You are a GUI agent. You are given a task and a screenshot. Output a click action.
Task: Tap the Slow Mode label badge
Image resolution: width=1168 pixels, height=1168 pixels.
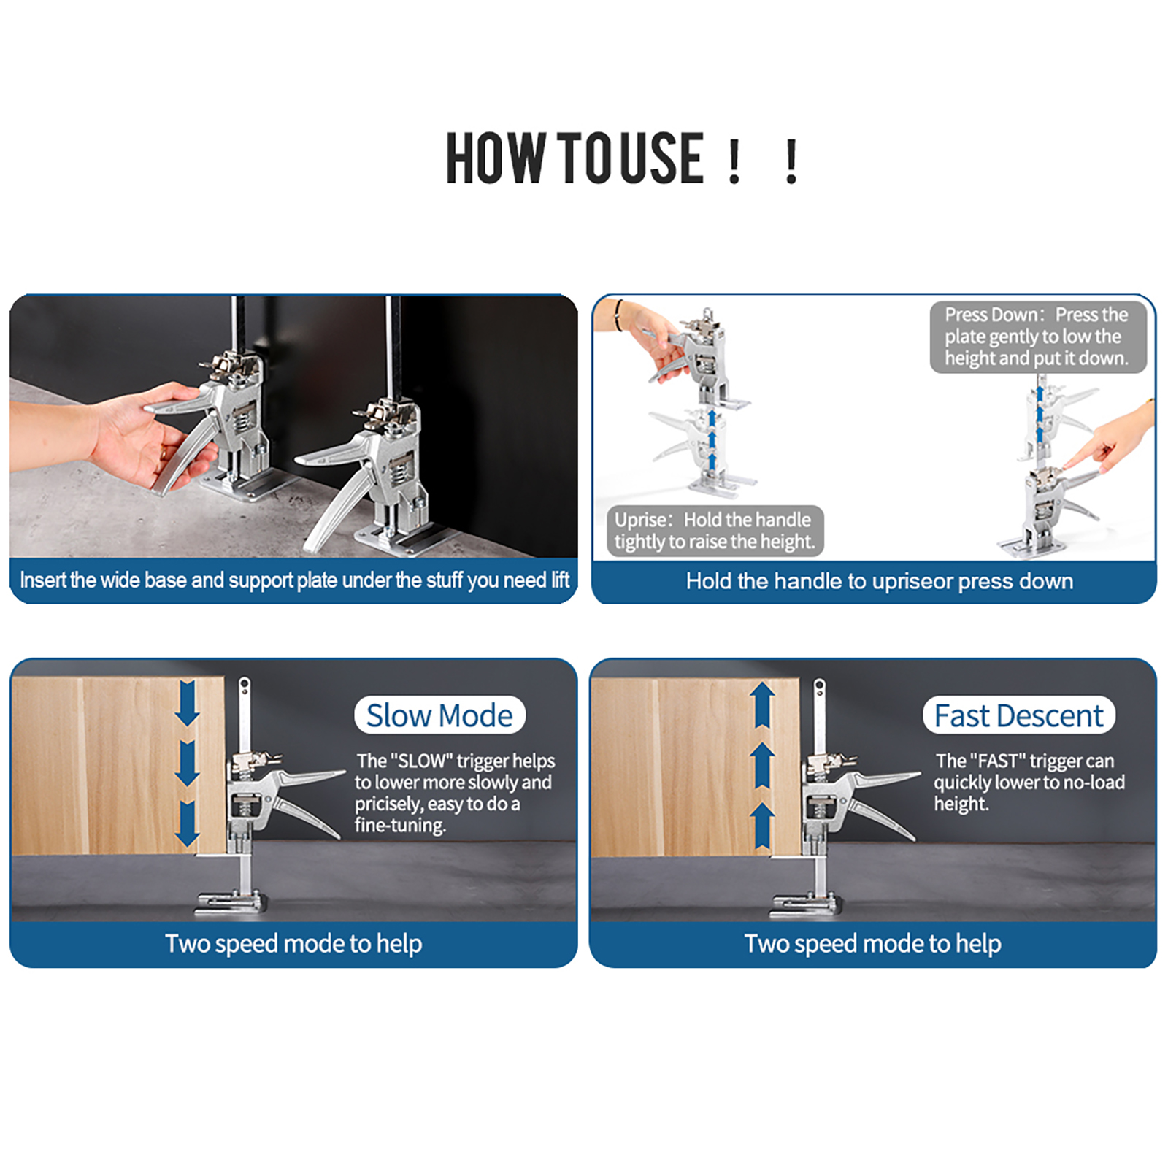coord(439,715)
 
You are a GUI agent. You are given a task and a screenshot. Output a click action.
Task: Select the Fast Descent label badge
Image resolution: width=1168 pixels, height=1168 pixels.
coord(1019,715)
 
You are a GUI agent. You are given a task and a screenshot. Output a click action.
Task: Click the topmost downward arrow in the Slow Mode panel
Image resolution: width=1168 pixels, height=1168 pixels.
coord(188,703)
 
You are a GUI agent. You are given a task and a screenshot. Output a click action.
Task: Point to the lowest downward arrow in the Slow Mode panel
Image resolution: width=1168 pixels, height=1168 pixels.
coord(188,824)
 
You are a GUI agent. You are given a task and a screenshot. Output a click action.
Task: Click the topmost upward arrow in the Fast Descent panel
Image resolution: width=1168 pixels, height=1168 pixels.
coord(763,704)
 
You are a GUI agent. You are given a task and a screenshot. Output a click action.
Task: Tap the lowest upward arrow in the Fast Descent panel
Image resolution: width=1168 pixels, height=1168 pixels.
coord(763,826)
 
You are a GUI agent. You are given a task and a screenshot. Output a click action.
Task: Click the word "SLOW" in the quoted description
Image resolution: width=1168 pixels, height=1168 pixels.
coord(421,761)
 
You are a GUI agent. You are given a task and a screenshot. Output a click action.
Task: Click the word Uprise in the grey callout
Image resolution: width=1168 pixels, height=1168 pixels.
coord(641,520)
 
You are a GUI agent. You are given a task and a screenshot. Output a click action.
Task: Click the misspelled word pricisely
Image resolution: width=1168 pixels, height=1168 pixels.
coord(388,804)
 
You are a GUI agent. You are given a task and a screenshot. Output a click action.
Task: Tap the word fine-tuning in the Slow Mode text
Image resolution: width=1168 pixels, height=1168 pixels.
coord(400,826)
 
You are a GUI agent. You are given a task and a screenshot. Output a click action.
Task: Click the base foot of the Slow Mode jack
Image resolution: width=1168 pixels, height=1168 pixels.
coord(228,902)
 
